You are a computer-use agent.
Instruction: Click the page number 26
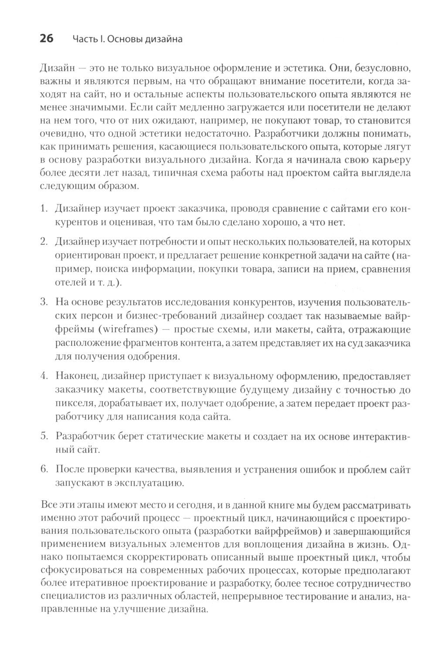click(46, 39)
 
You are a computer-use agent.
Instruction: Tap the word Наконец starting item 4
click(74, 375)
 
